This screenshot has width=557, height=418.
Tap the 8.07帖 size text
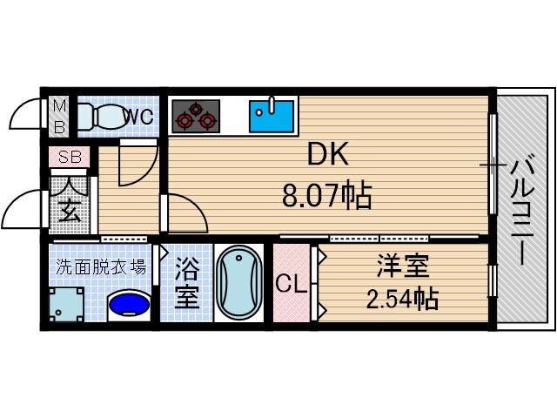pyautogui.click(x=327, y=196)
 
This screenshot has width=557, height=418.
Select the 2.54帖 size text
pyautogui.click(x=401, y=300)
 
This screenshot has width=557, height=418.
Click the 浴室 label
pyautogui.click(x=185, y=282)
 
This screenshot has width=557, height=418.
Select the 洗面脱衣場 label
pyautogui.click(x=101, y=266)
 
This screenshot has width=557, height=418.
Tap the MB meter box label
pyautogui.click(x=59, y=115)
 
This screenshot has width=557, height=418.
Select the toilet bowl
pyautogui.click(x=103, y=116)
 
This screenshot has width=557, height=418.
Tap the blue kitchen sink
pyautogui.click(x=272, y=115)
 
